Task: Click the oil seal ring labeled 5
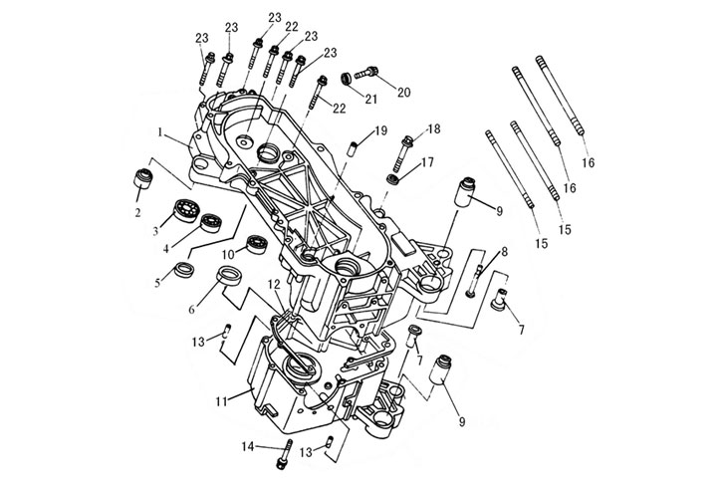(x=183, y=270)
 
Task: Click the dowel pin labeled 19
(x=352, y=148)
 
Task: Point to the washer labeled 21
(x=346, y=78)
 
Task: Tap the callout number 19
(x=380, y=132)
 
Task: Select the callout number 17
(x=425, y=161)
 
